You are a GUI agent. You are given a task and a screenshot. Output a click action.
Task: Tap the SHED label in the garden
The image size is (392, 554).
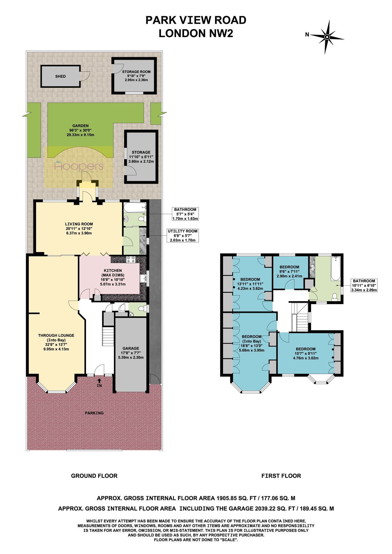tap(60, 76)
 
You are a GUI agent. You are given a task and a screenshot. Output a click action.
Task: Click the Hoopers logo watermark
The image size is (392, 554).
tap(79, 166)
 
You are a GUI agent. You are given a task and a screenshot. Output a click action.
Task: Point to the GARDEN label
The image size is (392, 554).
tap(80, 126)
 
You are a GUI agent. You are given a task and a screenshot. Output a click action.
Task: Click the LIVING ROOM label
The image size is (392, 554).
tap(79, 224)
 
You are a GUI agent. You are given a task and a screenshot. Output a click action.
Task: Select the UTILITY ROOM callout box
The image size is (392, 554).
tap(182, 236)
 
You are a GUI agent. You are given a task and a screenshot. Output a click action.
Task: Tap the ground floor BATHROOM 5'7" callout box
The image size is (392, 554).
tap(185, 214)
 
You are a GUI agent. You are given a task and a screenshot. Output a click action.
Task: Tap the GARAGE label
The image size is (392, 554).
tap(131, 348)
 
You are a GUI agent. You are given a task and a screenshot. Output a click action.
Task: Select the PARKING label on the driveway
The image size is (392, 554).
tap(94, 413)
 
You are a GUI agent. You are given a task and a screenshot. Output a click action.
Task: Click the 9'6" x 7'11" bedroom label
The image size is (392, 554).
tap(289, 272)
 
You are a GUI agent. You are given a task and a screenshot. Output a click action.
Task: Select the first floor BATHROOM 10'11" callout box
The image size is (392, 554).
tap(364, 285)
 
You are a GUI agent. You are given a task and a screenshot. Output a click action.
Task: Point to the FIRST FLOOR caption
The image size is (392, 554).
tap(281, 476)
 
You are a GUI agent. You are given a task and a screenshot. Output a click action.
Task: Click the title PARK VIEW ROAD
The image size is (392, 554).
tap(196, 20)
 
